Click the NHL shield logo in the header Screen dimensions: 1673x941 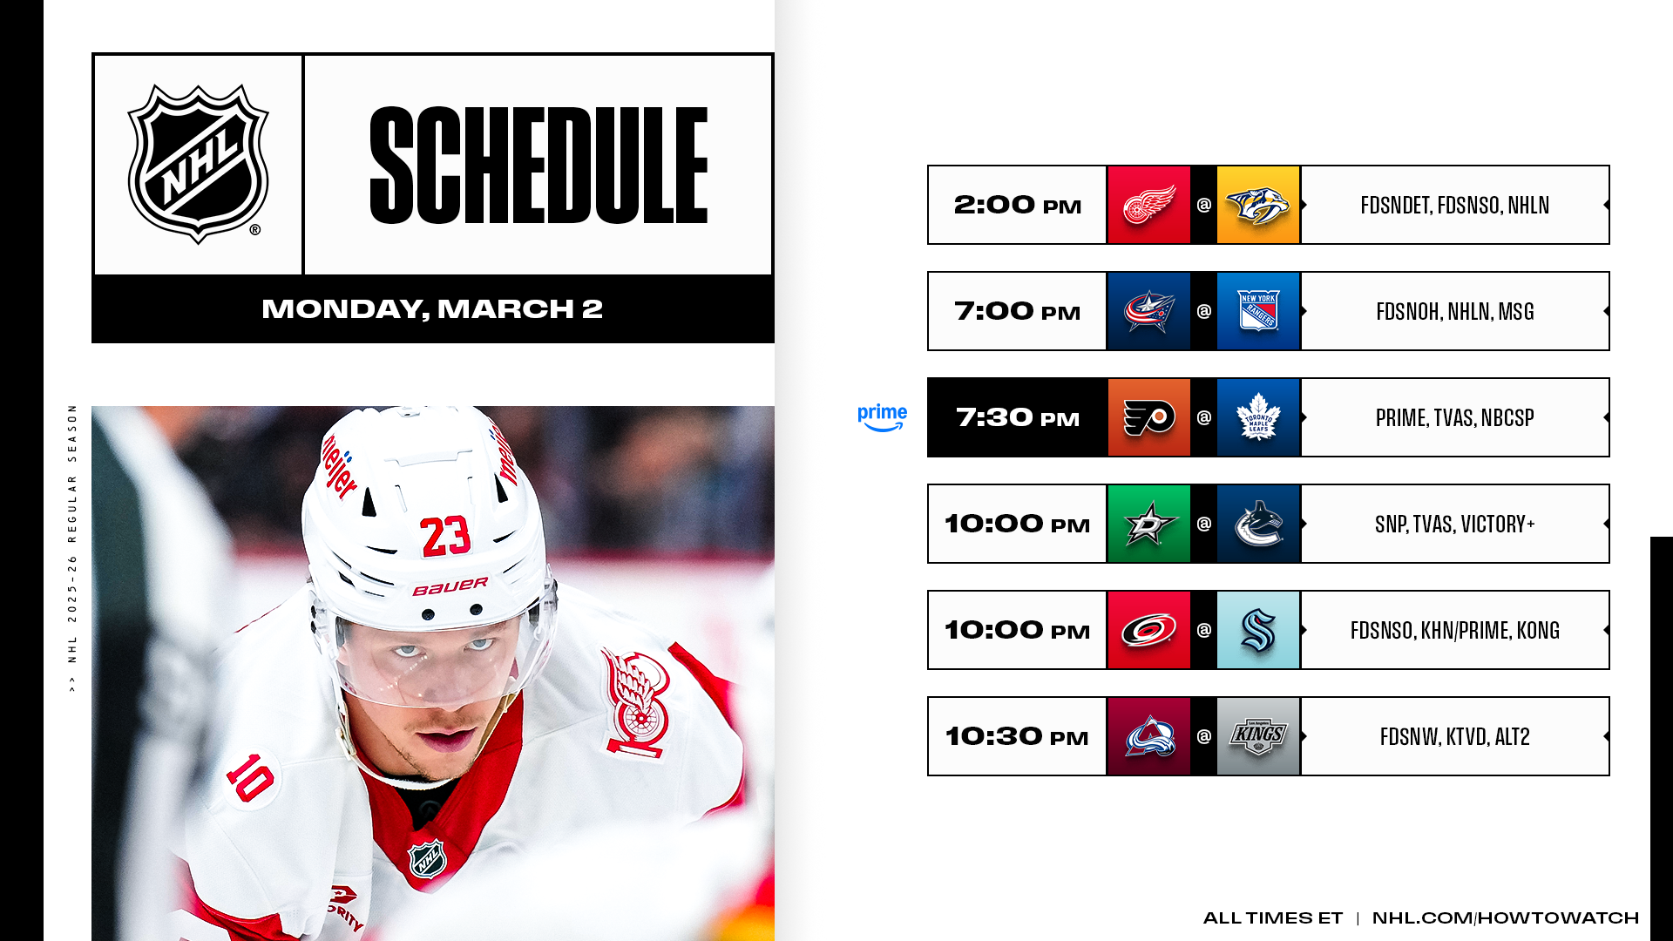pos(199,164)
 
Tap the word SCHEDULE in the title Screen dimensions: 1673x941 pos(538,166)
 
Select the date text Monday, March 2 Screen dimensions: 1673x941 pos(432,309)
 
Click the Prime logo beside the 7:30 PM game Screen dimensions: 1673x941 pos(882,417)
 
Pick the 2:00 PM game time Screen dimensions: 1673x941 pos(1017,205)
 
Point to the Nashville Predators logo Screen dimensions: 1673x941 pos(1258,205)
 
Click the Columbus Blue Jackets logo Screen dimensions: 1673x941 pos(1149,311)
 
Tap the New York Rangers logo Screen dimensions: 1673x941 pos(1258,311)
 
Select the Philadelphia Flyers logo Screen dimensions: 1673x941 pos(1149,417)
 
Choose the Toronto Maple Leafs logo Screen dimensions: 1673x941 pos(1258,417)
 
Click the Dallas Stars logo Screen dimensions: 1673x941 pos(1149,524)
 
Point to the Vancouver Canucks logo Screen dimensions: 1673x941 pos(1258,524)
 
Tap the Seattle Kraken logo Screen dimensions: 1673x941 pos(1258,630)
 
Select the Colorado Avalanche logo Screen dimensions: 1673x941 pos(1149,736)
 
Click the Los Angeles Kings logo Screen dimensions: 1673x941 pos(1258,736)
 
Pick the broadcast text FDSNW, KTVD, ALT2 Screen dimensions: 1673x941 pos(1455,737)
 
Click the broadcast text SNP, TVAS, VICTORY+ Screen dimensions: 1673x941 pos(1455,525)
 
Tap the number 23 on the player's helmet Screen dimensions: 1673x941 pos(445,536)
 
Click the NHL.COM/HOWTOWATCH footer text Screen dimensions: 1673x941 pos(1506,917)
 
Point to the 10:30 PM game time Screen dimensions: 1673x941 pos(1017,736)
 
